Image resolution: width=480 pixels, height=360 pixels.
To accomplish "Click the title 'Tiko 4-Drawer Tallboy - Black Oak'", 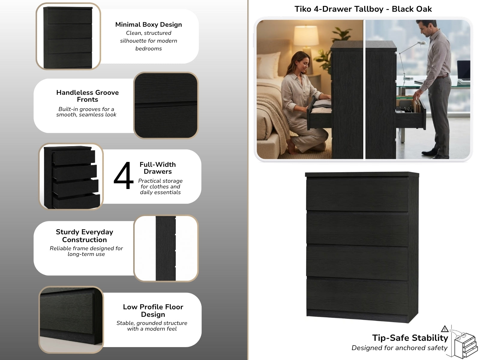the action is coord(363,9).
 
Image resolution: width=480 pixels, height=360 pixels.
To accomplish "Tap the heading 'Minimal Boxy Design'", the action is coord(148,25).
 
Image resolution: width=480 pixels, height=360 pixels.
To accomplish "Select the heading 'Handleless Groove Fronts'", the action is coord(88,96).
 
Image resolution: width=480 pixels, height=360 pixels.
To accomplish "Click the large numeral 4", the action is coord(124,176).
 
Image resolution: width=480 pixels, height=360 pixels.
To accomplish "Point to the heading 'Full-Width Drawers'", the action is coord(158,168).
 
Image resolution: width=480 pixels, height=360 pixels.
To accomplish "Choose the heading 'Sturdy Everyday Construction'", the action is coord(84,236).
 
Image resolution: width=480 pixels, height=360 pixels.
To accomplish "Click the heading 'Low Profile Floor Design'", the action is coord(153,310).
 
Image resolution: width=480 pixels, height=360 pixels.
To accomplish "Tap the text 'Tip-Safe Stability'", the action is coord(410,338).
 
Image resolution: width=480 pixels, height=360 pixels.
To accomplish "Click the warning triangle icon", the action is coord(445,329).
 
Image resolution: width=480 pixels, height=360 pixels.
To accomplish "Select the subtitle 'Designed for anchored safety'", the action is coord(399,348).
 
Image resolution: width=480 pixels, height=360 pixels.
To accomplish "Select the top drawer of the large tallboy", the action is coord(357,194).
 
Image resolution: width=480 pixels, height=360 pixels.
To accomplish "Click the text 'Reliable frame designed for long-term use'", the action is coord(86,251).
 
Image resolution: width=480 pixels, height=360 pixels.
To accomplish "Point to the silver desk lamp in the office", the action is coord(411,59).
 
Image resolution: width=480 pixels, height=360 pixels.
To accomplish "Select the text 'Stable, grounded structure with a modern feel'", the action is coord(152,326).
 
